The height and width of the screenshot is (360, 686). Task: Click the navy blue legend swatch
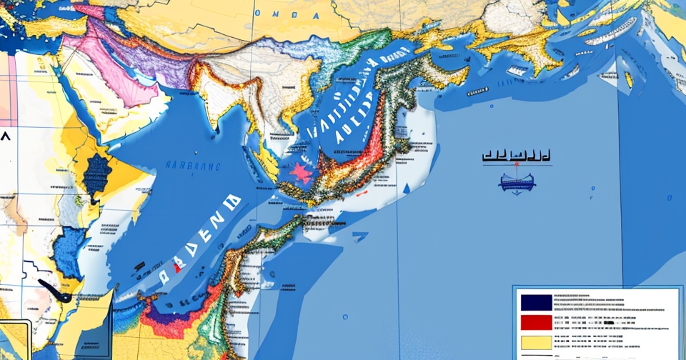pyautogui.click(x=536, y=301)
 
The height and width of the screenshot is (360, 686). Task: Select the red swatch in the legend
pyautogui.click(x=536, y=323)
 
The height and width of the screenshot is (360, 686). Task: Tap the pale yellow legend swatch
pyautogui.click(x=536, y=344)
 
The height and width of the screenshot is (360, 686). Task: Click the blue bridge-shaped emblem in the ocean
pyautogui.click(x=517, y=183)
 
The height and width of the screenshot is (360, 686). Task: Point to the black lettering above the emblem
pyautogui.click(x=515, y=155)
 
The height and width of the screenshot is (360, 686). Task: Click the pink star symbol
pyautogui.click(x=300, y=174)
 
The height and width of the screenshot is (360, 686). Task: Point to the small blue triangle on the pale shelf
pyautogui.click(x=406, y=187)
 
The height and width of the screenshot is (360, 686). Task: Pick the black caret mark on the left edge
pyautogui.click(x=6, y=137)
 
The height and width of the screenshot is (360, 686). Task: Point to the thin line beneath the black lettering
pyautogui.click(x=515, y=165)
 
